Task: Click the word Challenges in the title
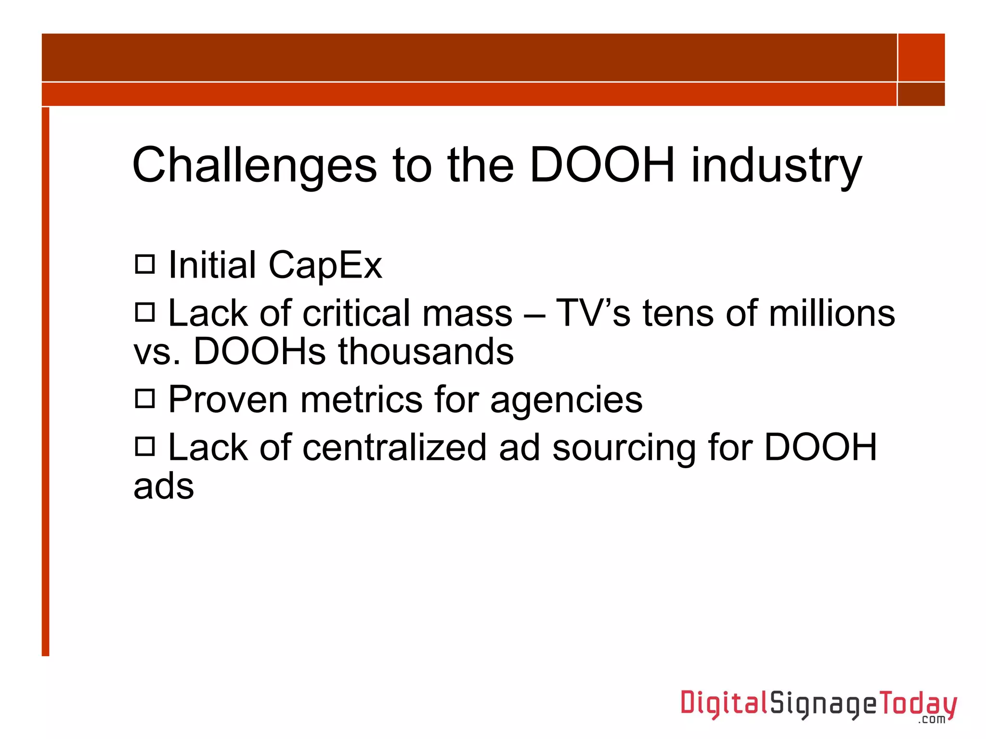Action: [x=254, y=166]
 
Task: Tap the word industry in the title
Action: [x=776, y=166]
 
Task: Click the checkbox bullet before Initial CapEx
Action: [x=144, y=264]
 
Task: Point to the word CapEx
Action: [x=325, y=266]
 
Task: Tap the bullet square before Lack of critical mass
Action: [x=144, y=312]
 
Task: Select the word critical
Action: [x=359, y=313]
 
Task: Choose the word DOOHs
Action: [x=259, y=352]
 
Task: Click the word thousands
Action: [x=426, y=352]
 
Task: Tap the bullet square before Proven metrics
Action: [x=144, y=398]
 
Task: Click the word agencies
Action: [x=566, y=401]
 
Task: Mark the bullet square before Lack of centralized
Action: [x=144, y=446]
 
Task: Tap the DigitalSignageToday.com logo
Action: [x=818, y=705]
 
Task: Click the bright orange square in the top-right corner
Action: [x=921, y=57]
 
